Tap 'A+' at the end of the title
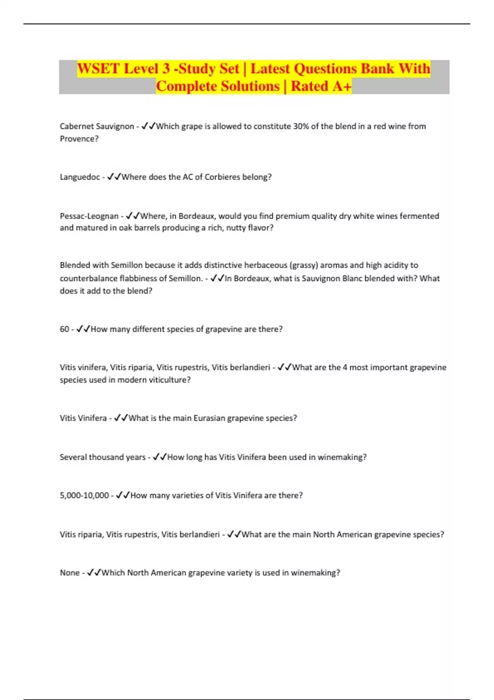pos(342,86)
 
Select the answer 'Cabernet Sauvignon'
pos(97,126)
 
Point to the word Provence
pos(79,139)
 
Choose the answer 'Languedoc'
pos(80,177)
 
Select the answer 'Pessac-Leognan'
pos(89,216)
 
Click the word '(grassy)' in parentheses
pos(303,265)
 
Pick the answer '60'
pos(64,329)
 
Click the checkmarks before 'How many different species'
pos(83,329)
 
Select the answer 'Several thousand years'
pos(103,457)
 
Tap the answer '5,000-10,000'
pos(84,495)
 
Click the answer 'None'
pos(70,573)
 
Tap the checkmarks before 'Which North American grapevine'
pos(94,573)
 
